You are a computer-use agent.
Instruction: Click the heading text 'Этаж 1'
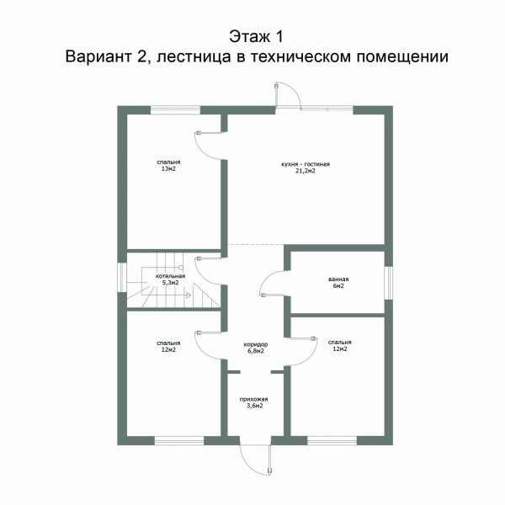[x=257, y=36]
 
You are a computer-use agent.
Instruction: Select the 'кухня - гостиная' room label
[x=306, y=164]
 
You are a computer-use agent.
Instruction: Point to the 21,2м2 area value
[x=306, y=171]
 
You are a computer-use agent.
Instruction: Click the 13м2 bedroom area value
[x=168, y=169]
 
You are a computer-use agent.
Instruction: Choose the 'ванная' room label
[x=338, y=279]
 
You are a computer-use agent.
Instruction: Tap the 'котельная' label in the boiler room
[x=170, y=276]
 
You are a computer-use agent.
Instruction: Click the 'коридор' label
[x=256, y=344]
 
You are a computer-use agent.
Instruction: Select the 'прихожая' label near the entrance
[x=254, y=399]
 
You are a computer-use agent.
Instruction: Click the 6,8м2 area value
[x=256, y=351]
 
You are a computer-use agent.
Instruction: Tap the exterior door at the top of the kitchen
[x=288, y=95]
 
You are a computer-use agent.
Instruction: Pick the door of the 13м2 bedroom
[x=208, y=146]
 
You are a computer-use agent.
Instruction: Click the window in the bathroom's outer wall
[x=389, y=283]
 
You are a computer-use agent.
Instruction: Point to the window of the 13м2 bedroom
[x=176, y=110]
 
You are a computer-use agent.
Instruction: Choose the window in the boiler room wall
[x=122, y=277]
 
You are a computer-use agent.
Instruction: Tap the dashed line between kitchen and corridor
[x=255, y=245]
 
